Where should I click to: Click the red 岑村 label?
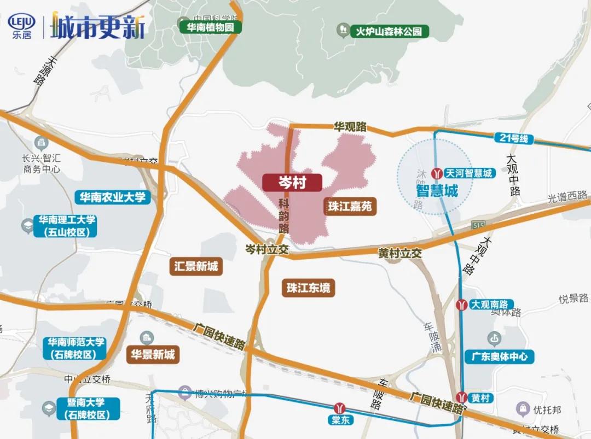click(x=292, y=183)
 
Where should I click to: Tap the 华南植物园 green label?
click(x=210, y=27)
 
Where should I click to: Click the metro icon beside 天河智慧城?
click(x=437, y=173)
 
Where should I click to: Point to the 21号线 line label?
click(x=513, y=138)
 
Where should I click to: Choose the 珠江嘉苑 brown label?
click(x=350, y=207)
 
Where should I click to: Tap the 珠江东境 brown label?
click(x=309, y=288)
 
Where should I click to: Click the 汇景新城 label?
click(x=196, y=267)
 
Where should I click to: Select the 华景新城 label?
click(x=153, y=355)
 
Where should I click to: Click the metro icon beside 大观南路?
click(x=462, y=304)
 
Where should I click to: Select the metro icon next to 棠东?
click(x=342, y=408)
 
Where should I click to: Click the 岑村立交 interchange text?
click(x=266, y=249)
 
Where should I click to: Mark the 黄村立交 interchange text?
click(x=400, y=254)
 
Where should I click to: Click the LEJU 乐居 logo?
click(x=20, y=25)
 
